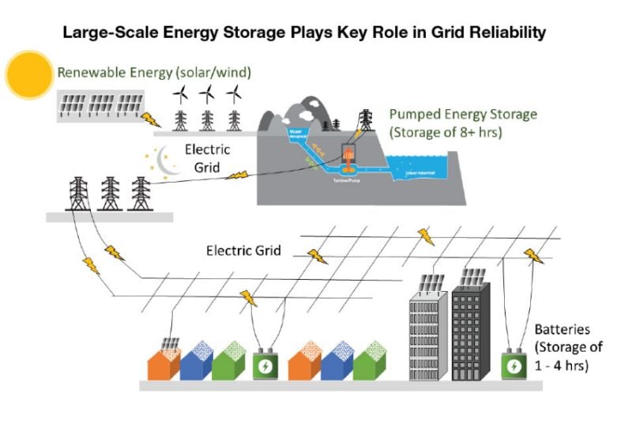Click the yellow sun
[29, 73]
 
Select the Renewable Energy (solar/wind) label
[154, 72]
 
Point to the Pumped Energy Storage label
[463, 122]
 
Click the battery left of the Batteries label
[515, 365]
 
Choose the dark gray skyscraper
[473, 328]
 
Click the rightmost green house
[367, 362]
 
